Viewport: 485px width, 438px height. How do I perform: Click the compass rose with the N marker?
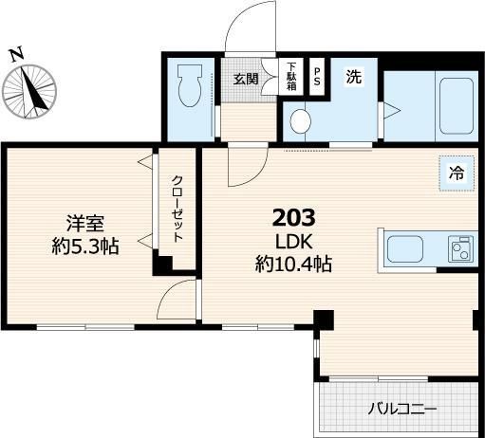click(29, 92)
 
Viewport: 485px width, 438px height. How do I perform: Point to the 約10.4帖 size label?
click(292, 265)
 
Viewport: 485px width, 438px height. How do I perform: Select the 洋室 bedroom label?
click(84, 225)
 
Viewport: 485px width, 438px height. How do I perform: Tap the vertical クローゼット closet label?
click(177, 208)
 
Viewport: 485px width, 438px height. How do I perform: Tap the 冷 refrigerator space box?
click(457, 173)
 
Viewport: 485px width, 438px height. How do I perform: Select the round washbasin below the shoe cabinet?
click(302, 121)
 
